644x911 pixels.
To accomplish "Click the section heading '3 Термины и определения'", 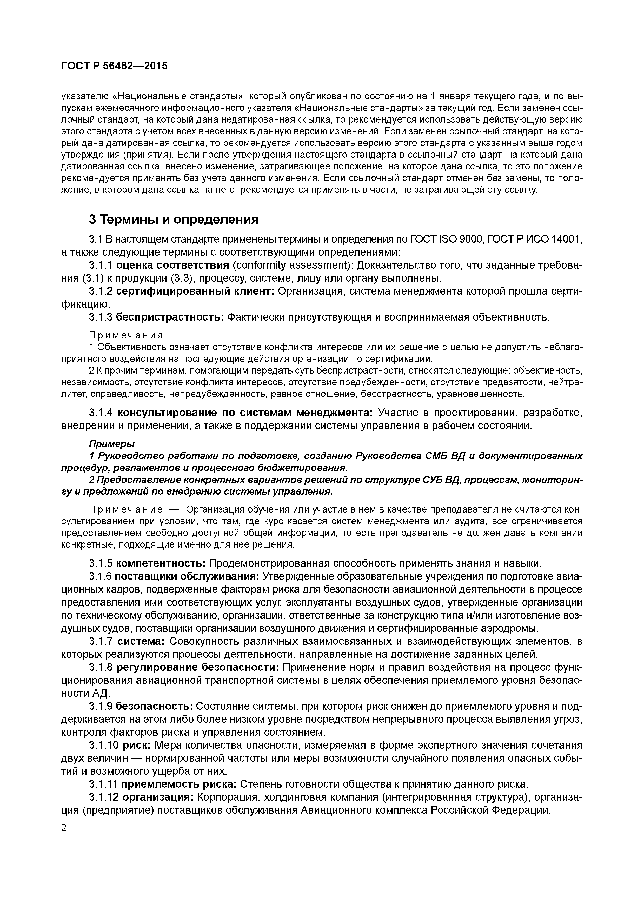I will pos(173,220).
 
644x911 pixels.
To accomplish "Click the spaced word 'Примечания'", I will pos(126,335).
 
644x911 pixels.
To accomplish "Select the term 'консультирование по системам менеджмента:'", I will pos(245,413).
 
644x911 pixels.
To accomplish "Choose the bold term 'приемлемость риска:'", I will pos(178,784).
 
